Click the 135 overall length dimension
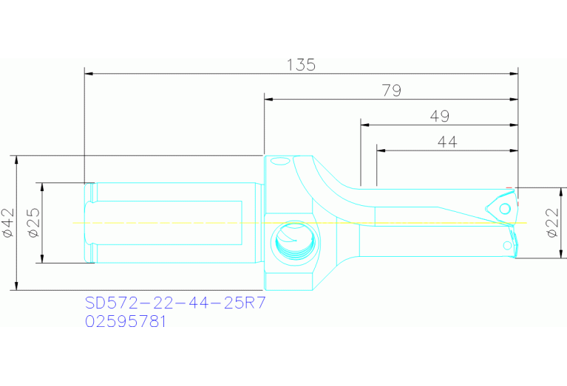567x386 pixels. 301,65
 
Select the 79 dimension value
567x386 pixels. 391,91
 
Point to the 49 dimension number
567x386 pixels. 439,116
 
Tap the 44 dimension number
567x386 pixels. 447,142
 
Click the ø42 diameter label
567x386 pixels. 8,222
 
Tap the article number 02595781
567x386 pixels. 126,322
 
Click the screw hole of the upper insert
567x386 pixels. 505,209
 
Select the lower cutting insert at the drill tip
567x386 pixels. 509,243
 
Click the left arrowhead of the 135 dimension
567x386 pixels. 88,73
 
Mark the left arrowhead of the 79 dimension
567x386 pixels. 268,99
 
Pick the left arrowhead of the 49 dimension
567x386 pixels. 364,124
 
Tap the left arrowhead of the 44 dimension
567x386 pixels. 380,150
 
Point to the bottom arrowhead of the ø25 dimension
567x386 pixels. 42,259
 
